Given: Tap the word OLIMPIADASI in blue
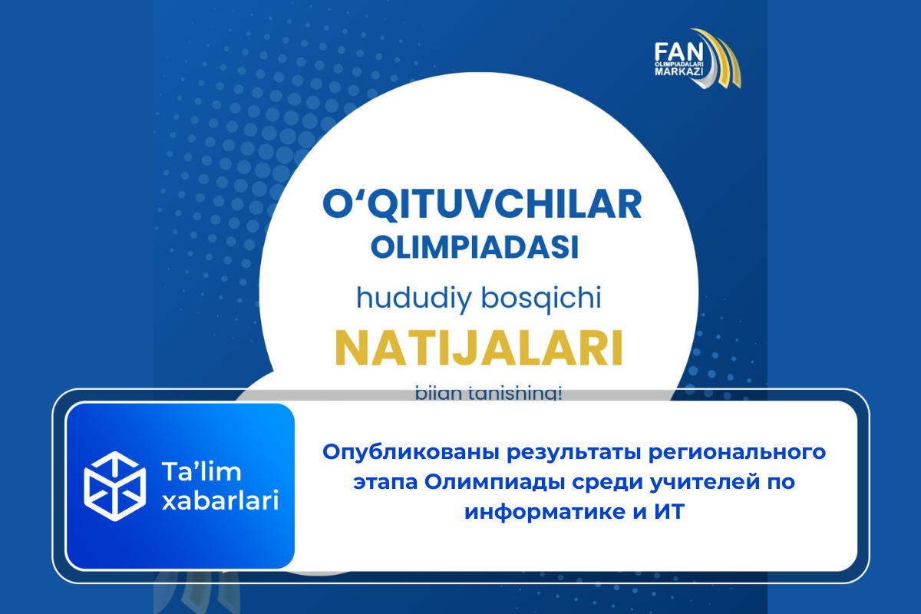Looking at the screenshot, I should point(474,248).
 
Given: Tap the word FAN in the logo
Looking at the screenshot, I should point(675,51).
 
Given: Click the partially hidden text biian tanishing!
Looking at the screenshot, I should point(478,394).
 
